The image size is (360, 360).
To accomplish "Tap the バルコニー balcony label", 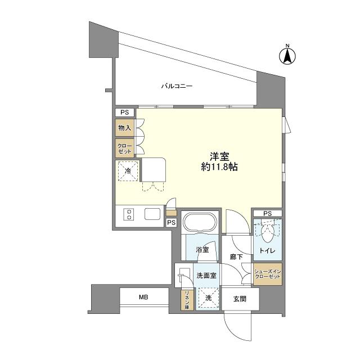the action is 177,86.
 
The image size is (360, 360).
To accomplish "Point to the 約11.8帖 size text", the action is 219,167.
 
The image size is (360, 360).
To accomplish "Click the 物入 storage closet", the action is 125,128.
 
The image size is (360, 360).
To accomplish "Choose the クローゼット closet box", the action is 125,148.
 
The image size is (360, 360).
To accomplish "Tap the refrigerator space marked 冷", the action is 128,171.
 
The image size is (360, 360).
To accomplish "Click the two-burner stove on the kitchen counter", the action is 129,214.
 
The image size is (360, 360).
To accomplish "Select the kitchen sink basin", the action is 152,214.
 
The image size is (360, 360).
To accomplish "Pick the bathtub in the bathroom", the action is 200,223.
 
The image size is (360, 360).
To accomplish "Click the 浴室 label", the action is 202,250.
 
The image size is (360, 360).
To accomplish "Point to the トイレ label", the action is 268,250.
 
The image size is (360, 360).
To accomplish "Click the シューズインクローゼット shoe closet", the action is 268,274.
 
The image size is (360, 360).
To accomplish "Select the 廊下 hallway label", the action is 236,257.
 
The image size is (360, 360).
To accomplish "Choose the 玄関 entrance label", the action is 240,299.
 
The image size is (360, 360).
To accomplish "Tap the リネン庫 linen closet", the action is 187,300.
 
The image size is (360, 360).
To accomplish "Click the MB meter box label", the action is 143,297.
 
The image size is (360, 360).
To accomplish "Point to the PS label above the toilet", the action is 268,214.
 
